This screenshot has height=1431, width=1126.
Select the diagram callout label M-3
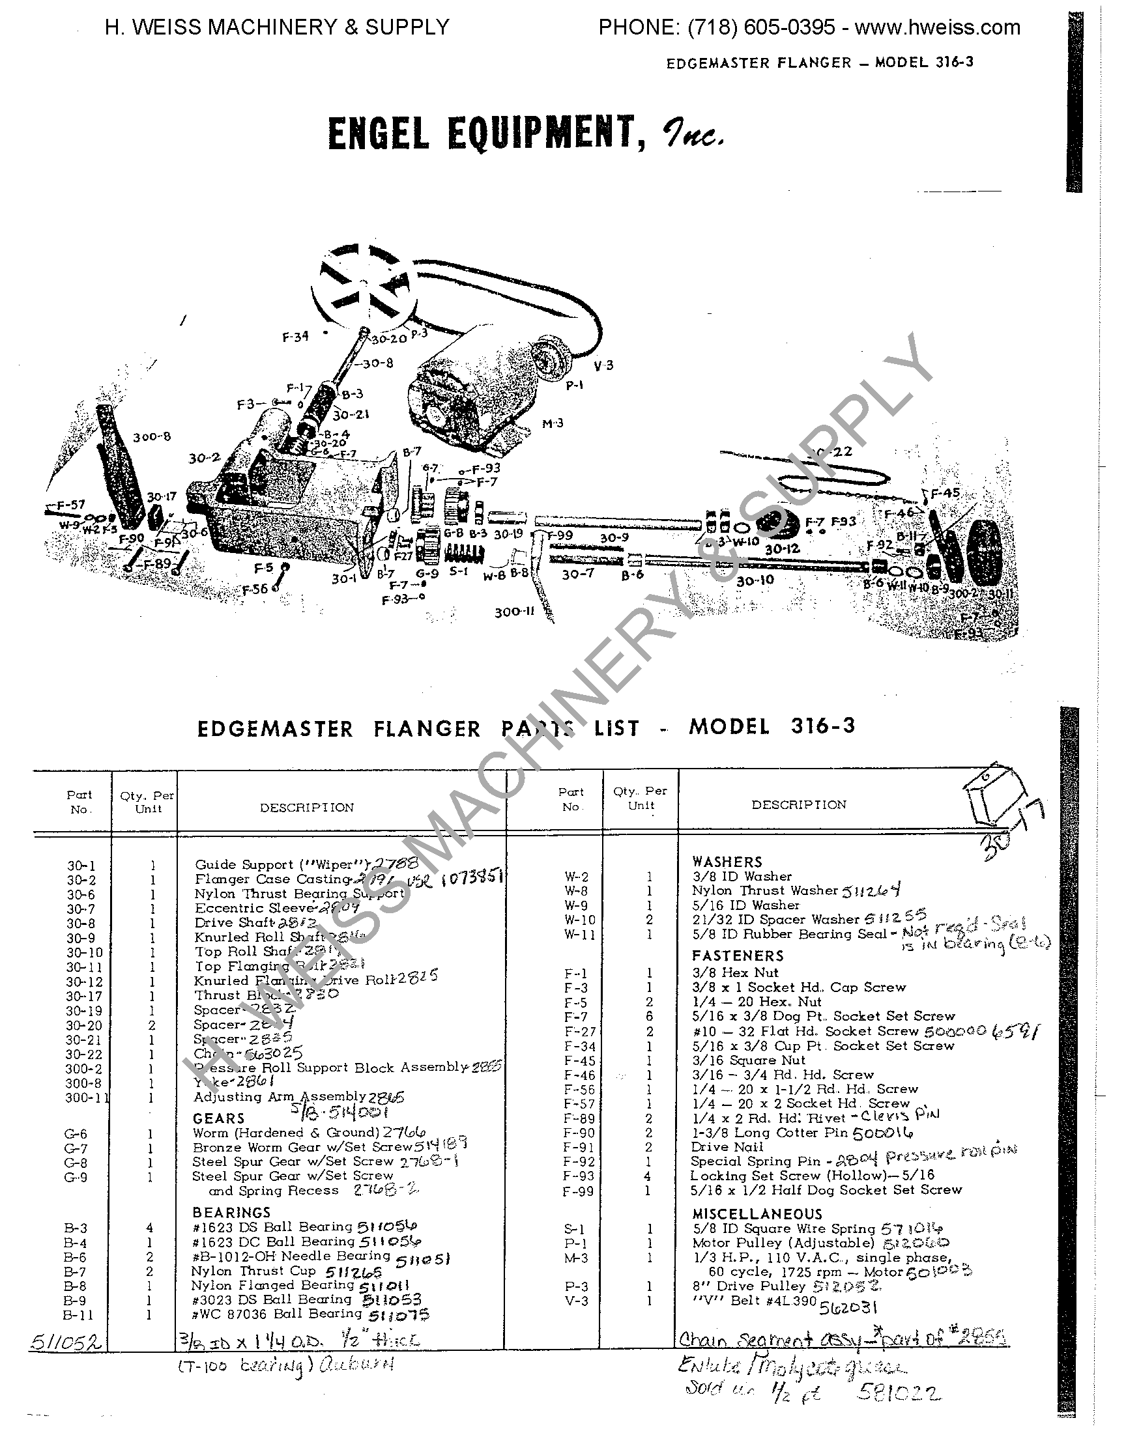(x=553, y=423)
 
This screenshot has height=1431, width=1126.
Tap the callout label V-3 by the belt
(x=603, y=365)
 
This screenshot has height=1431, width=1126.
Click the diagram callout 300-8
(x=152, y=437)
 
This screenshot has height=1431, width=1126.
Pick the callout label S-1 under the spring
(x=459, y=571)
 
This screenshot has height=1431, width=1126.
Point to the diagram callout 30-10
(x=755, y=581)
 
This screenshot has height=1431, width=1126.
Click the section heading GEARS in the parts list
(x=219, y=1119)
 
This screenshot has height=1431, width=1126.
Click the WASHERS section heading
(x=727, y=862)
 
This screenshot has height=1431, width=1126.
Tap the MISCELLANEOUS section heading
(x=757, y=1213)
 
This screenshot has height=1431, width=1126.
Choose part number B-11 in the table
(x=78, y=1315)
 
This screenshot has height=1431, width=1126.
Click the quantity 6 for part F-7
(x=649, y=1017)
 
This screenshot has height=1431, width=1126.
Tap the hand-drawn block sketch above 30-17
(x=992, y=797)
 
